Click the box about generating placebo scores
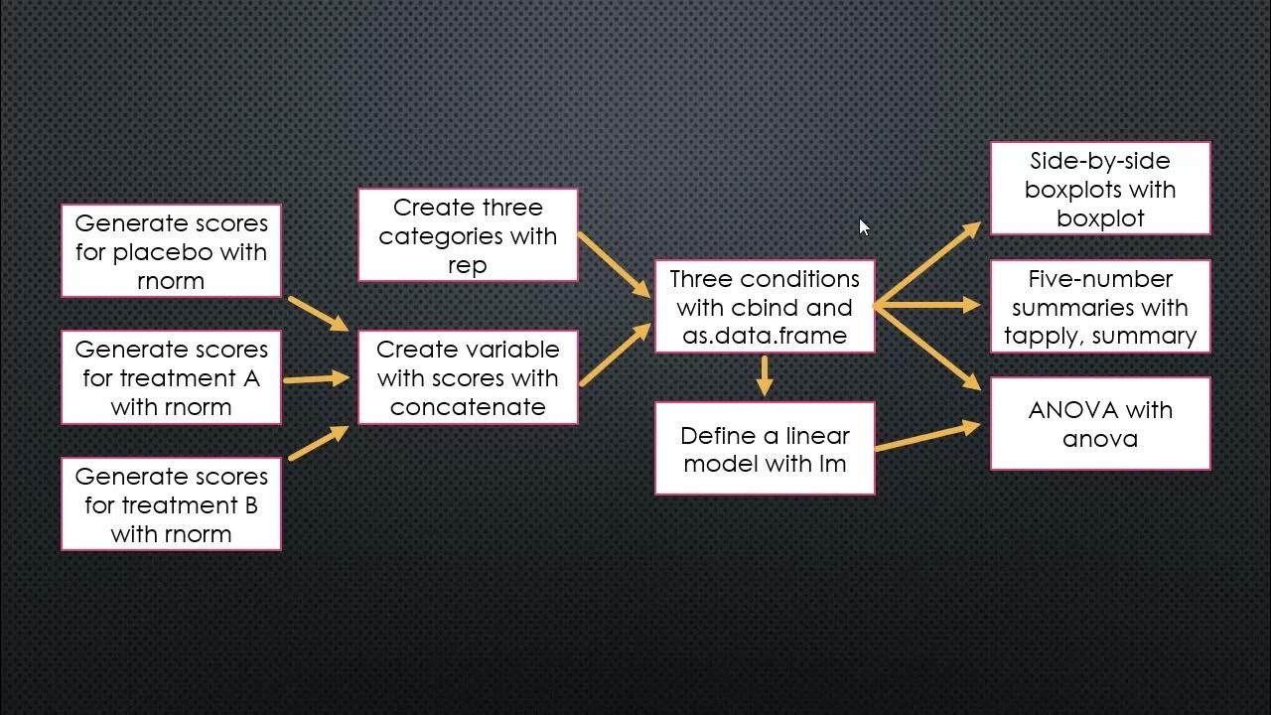point(171,251)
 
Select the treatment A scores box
point(171,378)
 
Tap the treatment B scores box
point(171,504)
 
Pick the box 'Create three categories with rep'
point(468,236)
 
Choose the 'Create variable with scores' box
point(468,378)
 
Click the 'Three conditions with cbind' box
point(765,307)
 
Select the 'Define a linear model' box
point(765,449)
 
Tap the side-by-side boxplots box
point(1100,189)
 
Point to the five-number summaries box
point(1100,307)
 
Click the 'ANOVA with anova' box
point(1100,424)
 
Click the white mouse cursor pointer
point(863,227)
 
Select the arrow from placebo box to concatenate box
point(318,313)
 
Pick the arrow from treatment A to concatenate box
point(317,378)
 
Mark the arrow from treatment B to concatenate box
point(318,443)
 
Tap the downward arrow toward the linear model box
point(764,374)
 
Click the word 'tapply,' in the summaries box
point(1044,336)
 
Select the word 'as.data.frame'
point(765,336)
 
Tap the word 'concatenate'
point(468,407)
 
